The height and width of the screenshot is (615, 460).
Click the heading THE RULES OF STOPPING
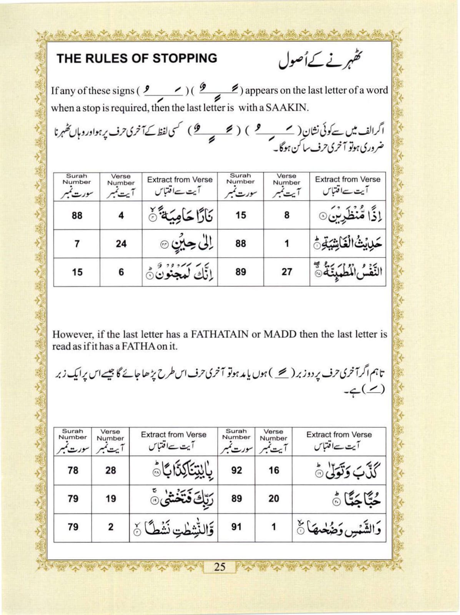pyautogui.click(x=137, y=58)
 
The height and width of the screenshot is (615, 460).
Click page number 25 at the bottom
pyautogui.click(x=220, y=567)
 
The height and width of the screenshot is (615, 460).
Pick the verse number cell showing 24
pyautogui.click(x=121, y=244)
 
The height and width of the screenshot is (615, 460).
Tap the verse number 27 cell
pyautogui.click(x=287, y=272)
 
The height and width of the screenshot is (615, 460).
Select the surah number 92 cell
pyautogui.click(x=237, y=470)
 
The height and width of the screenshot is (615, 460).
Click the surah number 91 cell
pyautogui.click(x=237, y=527)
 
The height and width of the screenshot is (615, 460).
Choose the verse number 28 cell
pyautogui.click(x=110, y=470)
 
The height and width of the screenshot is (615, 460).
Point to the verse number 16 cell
pyautogui.click(x=273, y=470)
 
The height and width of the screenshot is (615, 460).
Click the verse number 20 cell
pyautogui.click(x=273, y=499)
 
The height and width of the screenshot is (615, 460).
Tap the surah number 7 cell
pyautogui.click(x=77, y=244)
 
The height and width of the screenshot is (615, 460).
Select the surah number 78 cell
pyautogui.click(x=73, y=470)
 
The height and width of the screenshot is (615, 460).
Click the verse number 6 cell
pyautogui.click(x=121, y=272)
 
